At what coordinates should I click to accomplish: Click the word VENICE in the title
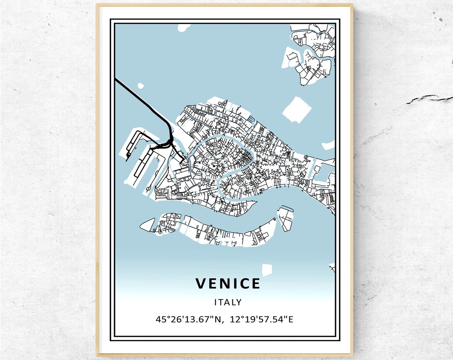(228, 284)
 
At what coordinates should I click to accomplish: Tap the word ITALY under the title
(228, 302)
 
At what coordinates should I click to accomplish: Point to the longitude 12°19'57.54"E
(261, 319)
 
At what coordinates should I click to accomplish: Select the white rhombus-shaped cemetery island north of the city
(297, 110)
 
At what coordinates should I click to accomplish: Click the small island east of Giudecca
(286, 218)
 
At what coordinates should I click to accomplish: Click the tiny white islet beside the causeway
(141, 86)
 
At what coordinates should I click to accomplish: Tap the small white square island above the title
(267, 269)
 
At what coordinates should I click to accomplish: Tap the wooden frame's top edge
(224, 5)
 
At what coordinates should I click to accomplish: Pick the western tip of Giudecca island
(142, 226)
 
